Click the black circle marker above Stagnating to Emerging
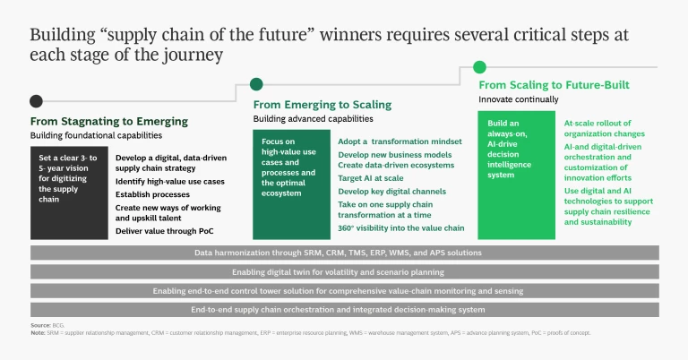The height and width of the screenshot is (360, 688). click(x=36, y=101)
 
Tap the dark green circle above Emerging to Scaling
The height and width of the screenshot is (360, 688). click(x=257, y=84)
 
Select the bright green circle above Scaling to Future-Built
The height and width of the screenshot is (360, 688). click(x=480, y=66)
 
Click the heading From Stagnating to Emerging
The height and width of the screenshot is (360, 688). click(x=109, y=121)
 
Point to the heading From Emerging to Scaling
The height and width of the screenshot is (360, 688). click(x=320, y=104)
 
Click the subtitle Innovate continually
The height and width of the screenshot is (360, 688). click(x=518, y=99)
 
